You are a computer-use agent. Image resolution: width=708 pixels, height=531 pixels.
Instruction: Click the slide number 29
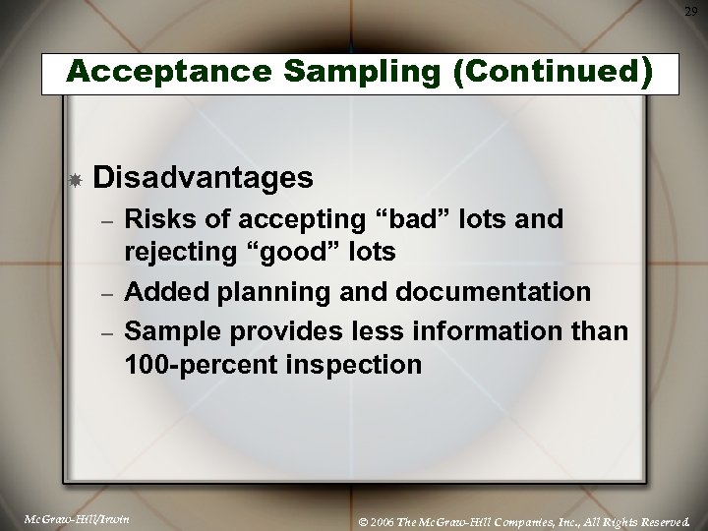pyautogui.click(x=691, y=11)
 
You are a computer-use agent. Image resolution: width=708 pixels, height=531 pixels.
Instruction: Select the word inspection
pyautogui.click(x=352, y=366)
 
